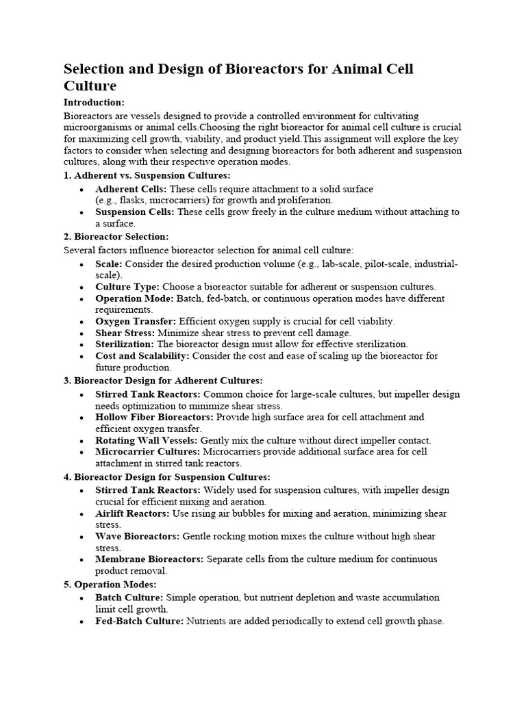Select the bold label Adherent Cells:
tap(131, 188)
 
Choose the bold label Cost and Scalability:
tap(143, 355)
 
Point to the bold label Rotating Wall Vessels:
tap(147, 440)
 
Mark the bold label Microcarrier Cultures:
tap(147, 452)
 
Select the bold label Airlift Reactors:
tap(132, 513)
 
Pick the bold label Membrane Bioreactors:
tap(149, 559)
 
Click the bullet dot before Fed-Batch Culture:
tap(82, 622)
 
